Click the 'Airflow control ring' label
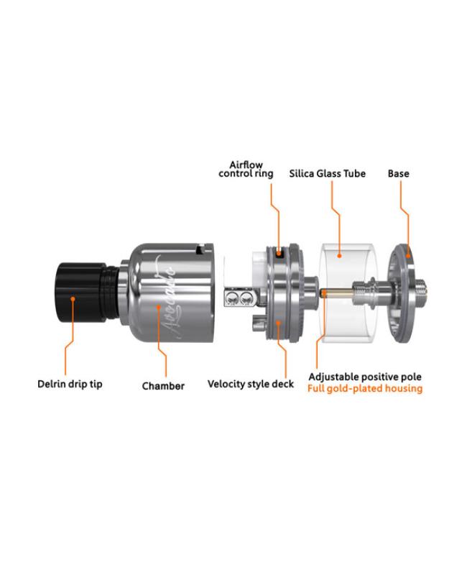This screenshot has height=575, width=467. [x=246, y=169]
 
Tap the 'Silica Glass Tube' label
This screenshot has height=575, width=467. [x=328, y=173]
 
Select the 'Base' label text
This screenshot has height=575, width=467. [x=399, y=173]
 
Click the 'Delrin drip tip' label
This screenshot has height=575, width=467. [x=70, y=385]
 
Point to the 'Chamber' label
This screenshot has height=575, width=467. [x=163, y=386]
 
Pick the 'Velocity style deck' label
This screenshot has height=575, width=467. [x=251, y=384]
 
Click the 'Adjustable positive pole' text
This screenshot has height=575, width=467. [x=365, y=377]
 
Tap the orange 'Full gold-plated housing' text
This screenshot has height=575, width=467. [x=365, y=388]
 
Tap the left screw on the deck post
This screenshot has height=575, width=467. [x=232, y=298]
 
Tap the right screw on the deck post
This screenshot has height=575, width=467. [x=245, y=298]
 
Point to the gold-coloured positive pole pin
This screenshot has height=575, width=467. [x=336, y=293]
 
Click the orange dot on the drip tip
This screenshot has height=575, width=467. [x=73, y=299]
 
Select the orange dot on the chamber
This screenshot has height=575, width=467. [x=158, y=307]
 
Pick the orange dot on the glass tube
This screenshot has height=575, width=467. [x=339, y=255]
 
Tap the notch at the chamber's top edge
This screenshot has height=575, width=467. [x=200, y=249]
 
